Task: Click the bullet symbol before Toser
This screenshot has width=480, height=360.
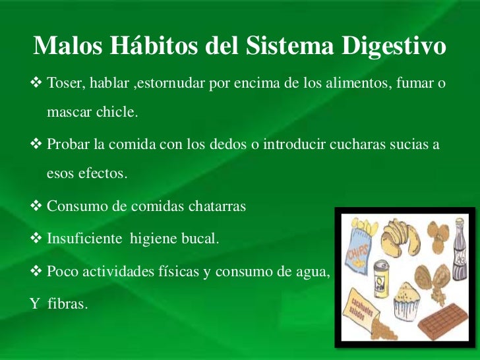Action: point(38,84)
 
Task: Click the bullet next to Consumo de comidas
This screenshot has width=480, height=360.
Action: point(38,206)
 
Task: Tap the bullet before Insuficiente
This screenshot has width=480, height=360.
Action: point(38,237)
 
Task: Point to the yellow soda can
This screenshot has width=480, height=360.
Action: point(380,277)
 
